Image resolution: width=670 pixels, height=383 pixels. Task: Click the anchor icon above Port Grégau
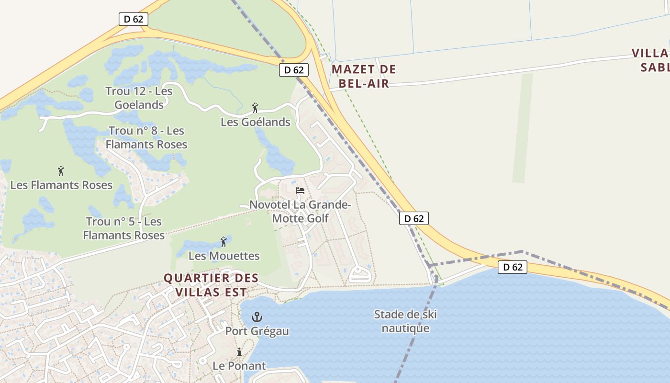click(x=257, y=316)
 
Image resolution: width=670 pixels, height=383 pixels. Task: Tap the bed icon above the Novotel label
click(x=300, y=190)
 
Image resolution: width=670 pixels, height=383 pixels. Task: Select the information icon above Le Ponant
click(x=239, y=352)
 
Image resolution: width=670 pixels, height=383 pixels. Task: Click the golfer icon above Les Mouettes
click(x=223, y=242)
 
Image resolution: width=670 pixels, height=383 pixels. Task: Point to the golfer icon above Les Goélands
click(x=255, y=108)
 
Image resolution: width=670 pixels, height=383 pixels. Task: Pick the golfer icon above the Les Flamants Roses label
click(x=61, y=171)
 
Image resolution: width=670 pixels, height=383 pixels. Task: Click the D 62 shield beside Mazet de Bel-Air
click(x=294, y=70)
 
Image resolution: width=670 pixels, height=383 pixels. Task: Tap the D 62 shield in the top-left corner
click(x=134, y=19)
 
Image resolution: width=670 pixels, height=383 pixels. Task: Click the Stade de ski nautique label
click(x=405, y=321)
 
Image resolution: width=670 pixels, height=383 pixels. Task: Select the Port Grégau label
click(x=257, y=331)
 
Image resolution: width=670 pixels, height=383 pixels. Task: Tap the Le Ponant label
click(x=239, y=366)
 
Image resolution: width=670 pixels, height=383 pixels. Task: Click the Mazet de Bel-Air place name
click(x=364, y=76)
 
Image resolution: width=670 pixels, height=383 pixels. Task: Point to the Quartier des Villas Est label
click(x=211, y=285)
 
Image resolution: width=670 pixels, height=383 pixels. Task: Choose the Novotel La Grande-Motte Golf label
click(x=300, y=212)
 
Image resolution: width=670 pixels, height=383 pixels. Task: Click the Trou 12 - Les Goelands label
click(x=139, y=98)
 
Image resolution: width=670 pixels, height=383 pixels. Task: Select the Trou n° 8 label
click(x=146, y=137)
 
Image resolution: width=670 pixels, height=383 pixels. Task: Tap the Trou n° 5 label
click(x=123, y=228)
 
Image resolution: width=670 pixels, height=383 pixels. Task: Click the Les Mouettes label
click(x=224, y=256)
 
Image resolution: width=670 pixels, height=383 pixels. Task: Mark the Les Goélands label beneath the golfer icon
click(x=256, y=122)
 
